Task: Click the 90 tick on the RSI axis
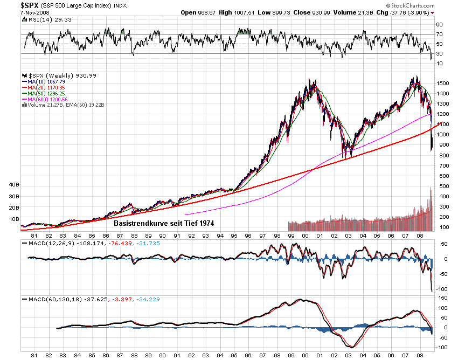(x=439, y=25)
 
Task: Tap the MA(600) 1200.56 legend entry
(x=49, y=99)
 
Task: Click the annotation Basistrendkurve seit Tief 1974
(x=169, y=221)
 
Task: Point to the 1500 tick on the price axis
(x=443, y=84)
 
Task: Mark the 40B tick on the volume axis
(x=13, y=185)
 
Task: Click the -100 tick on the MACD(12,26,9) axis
(x=441, y=289)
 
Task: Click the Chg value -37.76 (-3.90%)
(x=415, y=12)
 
